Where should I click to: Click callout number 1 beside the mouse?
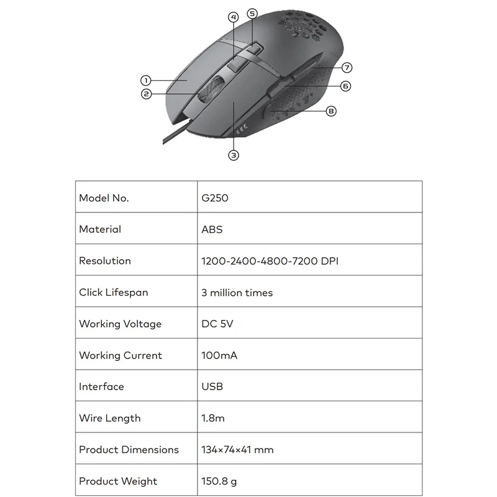point(145,80)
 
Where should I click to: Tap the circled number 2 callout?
point(146,94)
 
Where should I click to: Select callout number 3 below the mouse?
point(234,155)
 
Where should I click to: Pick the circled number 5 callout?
point(252,13)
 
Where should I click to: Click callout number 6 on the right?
point(345,86)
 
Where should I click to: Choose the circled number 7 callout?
point(347,67)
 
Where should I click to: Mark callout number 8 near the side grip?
point(331,111)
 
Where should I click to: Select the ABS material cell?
point(212,229)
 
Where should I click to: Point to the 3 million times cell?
point(237,293)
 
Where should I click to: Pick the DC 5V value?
point(217,324)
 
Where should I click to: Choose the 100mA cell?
point(219,356)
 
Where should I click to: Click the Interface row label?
point(101,387)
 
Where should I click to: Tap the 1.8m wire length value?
point(213,419)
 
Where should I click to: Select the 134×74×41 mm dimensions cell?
point(237,450)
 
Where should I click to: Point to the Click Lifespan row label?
point(114,293)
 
